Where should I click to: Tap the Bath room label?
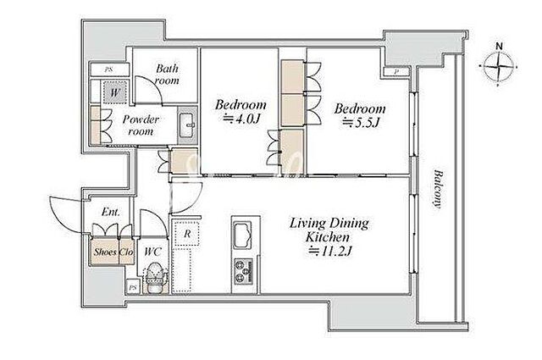tap(167, 75)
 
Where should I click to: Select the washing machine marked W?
tap(115, 92)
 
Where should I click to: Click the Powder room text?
tap(141, 125)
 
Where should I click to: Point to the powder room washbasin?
tap(187, 125)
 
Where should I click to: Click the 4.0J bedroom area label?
tap(241, 111)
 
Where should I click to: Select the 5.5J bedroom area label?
tap(360, 115)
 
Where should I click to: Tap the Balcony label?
tap(439, 189)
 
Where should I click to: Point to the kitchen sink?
tap(243, 235)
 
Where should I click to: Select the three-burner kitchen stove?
tap(244, 271)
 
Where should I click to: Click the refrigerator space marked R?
tap(186, 234)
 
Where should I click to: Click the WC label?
tap(152, 252)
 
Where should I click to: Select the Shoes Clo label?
tap(113, 252)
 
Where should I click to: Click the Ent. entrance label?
tap(111, 211)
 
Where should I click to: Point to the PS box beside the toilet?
tap(133, 286)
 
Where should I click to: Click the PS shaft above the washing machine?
tap(109, 69)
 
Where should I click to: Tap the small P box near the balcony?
tap(396, 72)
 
